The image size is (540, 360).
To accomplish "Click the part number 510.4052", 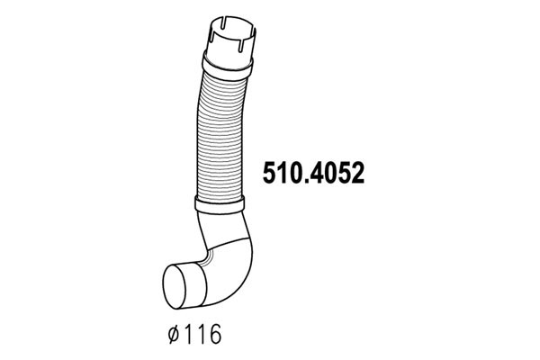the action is (x=313, y=173).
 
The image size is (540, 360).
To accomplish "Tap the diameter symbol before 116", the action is (x=174, y=334).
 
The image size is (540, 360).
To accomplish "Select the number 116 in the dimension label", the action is (x=202, y=334).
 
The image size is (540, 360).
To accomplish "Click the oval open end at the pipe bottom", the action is (x=174, y=286).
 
